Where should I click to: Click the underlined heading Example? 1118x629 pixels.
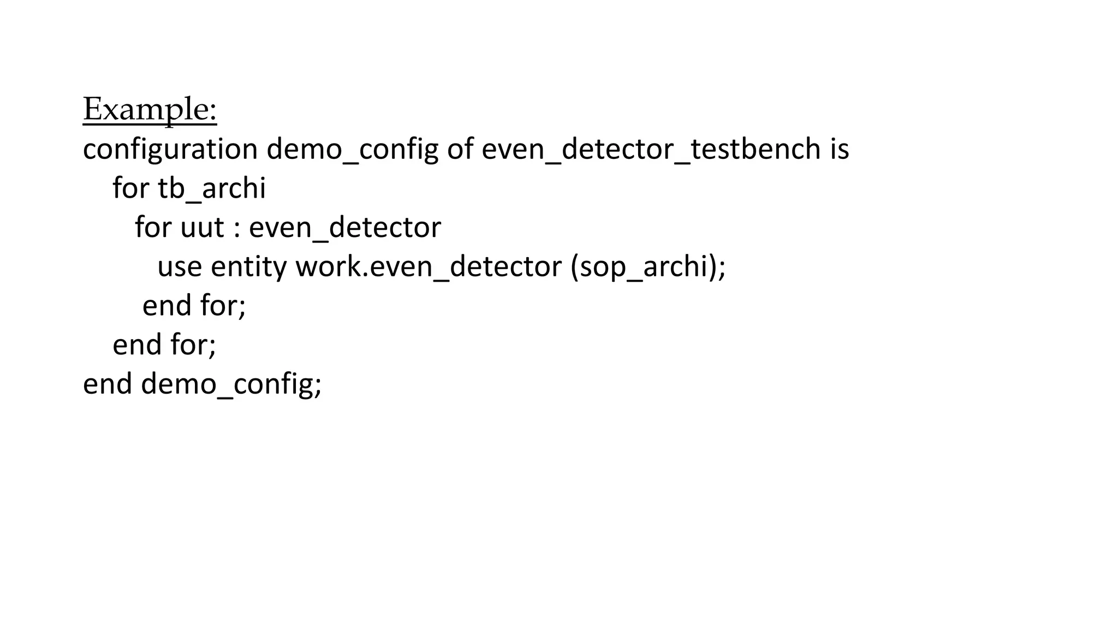click(150, 109)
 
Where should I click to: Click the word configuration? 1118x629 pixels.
click(170, 150)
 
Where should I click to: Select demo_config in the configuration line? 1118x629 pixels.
click(352, 150)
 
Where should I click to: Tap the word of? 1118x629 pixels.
click(460, 150)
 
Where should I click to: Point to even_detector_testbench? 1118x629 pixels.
click(651, 150)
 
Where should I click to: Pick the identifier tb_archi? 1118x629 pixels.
click(211, 189)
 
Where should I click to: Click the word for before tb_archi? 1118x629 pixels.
click(130, 189)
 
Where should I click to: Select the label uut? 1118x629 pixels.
click(202, 228)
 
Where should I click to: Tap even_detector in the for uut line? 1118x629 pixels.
click(344, 228)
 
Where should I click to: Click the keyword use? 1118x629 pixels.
click(180, 267)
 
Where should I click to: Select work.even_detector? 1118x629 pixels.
click(429, 267)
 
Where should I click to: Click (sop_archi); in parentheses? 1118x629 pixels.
click(648, 267)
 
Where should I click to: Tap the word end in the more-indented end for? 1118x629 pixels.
click(166, 306)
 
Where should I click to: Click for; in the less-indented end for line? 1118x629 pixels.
click(193, 345)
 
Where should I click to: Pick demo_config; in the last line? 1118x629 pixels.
click(231, 384)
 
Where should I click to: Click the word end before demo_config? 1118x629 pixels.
click(107, 384)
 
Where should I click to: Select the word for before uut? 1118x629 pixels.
click(153, 228)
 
